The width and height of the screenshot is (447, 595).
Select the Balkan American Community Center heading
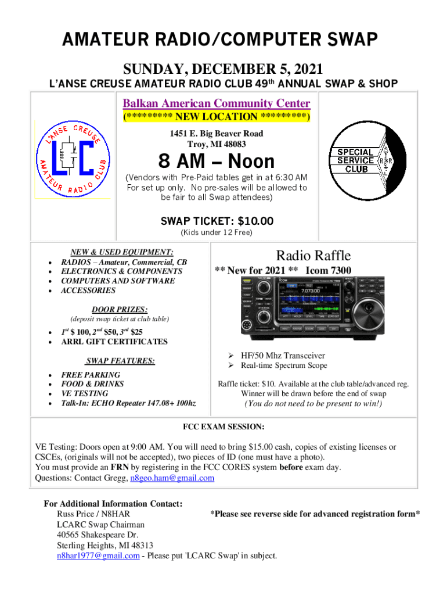click(217, 103)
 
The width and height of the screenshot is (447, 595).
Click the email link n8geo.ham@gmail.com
click(172, 478)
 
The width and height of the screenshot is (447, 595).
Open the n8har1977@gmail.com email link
click(98, 555)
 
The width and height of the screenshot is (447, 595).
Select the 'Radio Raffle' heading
click(313, 256)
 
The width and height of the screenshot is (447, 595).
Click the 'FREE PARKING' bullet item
click(91, 375)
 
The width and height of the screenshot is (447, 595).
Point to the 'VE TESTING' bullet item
click(85, 393)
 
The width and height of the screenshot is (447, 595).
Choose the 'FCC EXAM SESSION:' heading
click(224, 427)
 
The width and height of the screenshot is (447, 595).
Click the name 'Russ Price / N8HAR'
click(93, 514)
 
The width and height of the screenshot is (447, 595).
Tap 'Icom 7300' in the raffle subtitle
click(329, 270)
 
